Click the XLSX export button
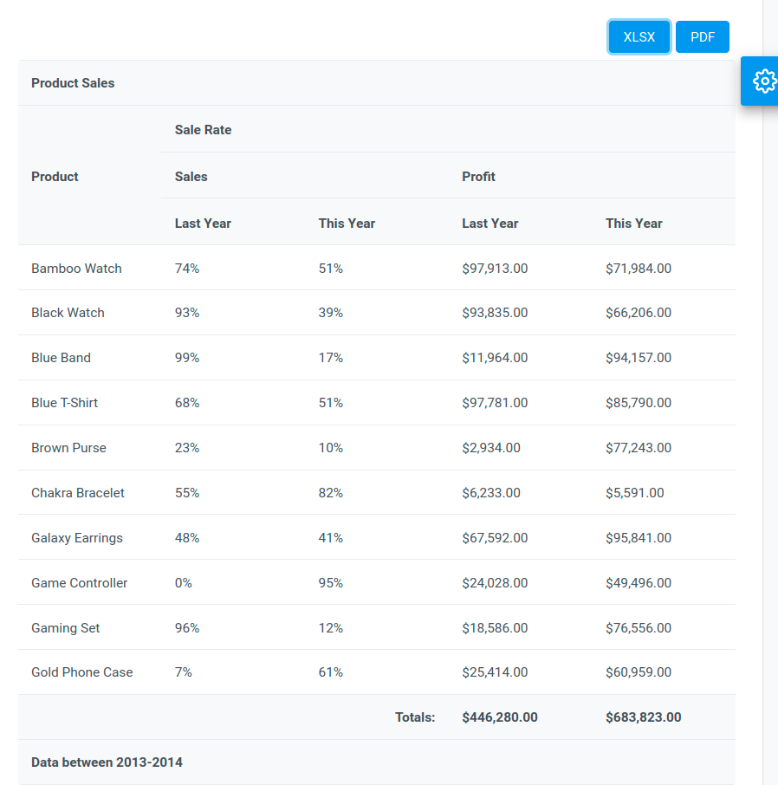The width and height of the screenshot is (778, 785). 639,37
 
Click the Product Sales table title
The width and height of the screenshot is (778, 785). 73,83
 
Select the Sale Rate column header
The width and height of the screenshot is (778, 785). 203,130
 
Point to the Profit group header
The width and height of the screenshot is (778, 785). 478,177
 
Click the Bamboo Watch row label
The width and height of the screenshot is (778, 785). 76,269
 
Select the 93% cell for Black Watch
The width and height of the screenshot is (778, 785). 187,313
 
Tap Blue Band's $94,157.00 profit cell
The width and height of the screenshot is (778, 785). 638,358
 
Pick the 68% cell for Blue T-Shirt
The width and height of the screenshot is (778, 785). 187,403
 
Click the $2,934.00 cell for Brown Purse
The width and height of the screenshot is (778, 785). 491,448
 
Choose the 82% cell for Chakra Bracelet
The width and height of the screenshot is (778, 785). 330,493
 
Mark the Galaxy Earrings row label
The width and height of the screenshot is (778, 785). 77,538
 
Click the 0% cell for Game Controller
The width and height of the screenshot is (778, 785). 184,583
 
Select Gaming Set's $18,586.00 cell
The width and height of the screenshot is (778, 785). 495,628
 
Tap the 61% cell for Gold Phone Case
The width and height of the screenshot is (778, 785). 330,672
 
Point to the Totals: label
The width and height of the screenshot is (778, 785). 415,717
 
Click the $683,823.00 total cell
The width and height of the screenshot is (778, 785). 643,717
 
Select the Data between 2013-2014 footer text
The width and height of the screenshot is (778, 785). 107,762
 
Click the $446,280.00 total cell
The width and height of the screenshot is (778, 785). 499,717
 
